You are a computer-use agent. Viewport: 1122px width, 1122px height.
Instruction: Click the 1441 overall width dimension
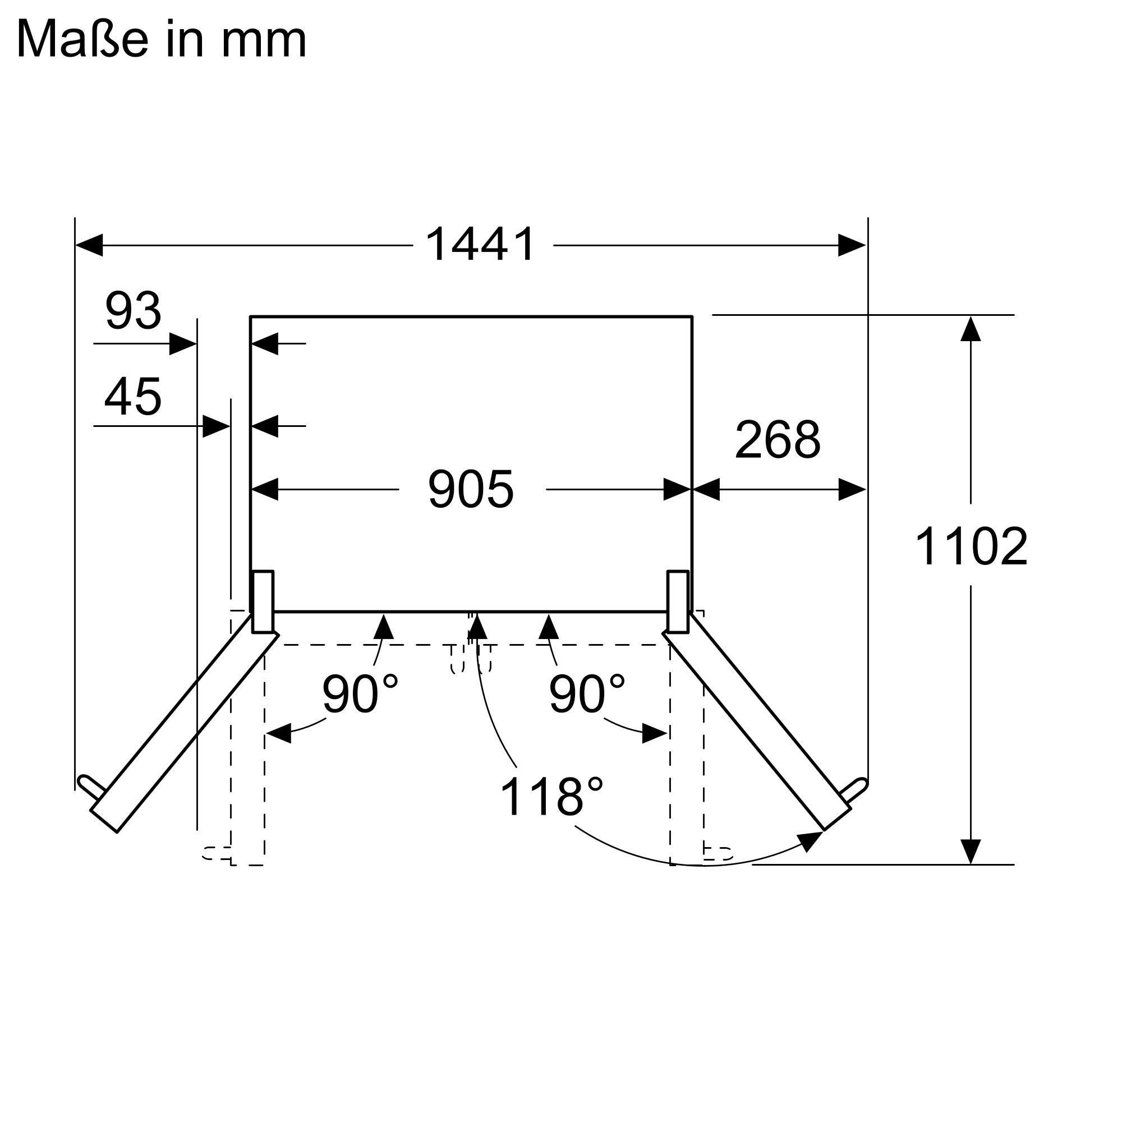480,245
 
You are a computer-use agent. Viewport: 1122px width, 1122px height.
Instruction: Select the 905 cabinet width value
471,490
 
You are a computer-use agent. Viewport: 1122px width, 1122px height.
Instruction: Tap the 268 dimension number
778,440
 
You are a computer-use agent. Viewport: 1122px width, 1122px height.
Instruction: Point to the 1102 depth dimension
971,546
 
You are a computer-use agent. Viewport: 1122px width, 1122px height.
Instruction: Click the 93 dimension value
133,311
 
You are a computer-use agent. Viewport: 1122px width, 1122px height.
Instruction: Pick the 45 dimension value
133,397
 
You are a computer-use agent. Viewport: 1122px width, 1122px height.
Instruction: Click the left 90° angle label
360,694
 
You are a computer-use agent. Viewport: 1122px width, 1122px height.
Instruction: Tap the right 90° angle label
587,694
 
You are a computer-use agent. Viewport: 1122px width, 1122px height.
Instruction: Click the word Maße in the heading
82,39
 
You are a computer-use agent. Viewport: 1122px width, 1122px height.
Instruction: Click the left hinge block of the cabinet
262,601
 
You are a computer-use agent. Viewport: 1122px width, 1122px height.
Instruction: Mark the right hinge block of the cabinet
678,601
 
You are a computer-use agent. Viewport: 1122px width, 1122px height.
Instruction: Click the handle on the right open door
853,790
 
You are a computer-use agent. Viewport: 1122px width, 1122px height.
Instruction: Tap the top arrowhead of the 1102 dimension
971,329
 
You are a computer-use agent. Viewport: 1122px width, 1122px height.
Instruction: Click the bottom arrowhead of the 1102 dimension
971,852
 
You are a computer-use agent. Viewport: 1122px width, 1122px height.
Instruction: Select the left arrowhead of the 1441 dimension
89,245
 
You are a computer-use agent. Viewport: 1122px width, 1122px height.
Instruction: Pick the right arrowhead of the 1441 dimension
852,245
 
